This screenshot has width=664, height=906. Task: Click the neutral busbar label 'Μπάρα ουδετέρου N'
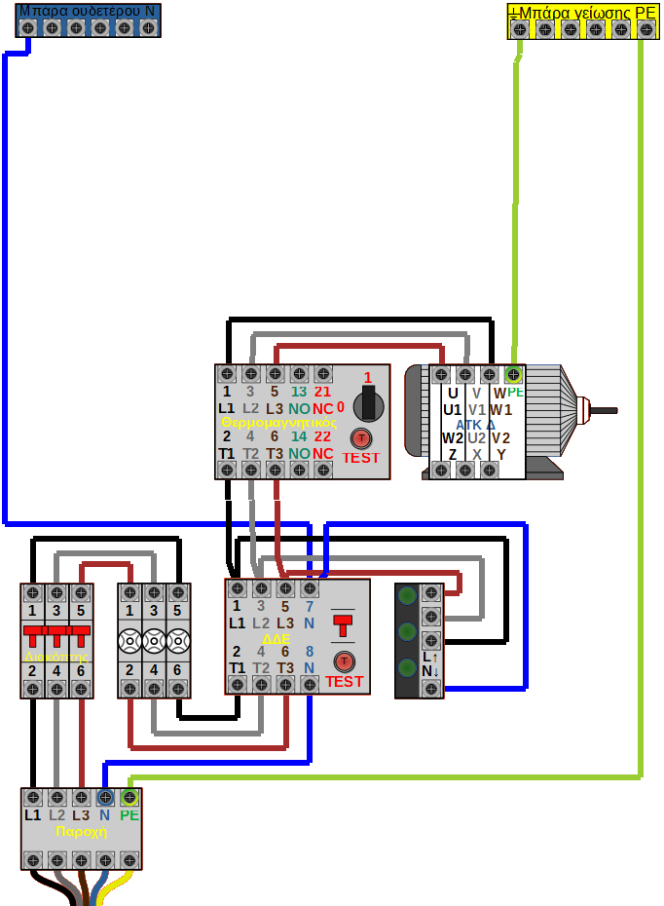click(88, 10)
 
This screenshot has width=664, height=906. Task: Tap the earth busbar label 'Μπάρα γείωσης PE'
click(582, 12)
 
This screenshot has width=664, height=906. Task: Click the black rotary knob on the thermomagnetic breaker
click(367, 401)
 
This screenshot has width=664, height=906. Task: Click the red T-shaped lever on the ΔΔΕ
click(344, 623)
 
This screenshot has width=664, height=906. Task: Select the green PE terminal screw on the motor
click(513, 374)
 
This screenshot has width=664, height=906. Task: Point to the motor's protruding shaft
click(605, 410)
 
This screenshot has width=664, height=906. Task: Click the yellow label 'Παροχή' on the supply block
click(81, 832)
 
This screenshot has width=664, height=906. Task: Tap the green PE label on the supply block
click(129, 814)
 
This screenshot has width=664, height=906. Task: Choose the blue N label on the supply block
click(104, 814)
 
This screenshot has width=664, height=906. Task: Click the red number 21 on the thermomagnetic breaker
click(322, 392)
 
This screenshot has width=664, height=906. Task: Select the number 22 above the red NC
click(322, 437)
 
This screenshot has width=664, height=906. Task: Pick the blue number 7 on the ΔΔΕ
click(309, 606)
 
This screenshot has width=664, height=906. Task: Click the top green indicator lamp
click(408, 596)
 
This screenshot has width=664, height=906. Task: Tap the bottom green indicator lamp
click(408, 668)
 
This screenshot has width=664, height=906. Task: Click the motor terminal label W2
click(453, 438)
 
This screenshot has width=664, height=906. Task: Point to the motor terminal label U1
click(453, 410)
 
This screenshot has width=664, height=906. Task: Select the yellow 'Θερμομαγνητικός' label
click(279, 423)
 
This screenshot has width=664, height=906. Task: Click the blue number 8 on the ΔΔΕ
click(309, 652)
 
